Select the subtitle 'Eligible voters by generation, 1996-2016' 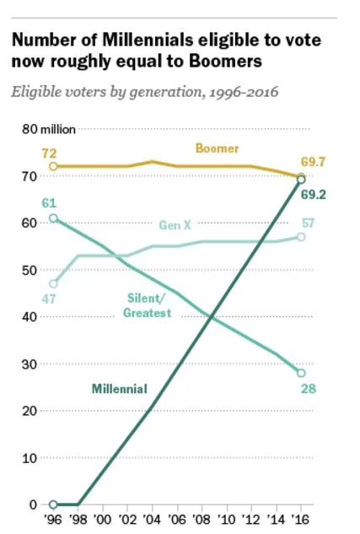point(144,91)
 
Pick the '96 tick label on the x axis point(54,521)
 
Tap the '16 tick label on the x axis point(301,521)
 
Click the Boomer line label point(218,148)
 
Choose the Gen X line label point(174,224)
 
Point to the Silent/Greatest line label point(148,305)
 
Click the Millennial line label point(120,389)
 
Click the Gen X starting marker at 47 point(54,284)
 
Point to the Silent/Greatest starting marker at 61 point(54,218)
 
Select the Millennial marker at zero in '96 point(54,504)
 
